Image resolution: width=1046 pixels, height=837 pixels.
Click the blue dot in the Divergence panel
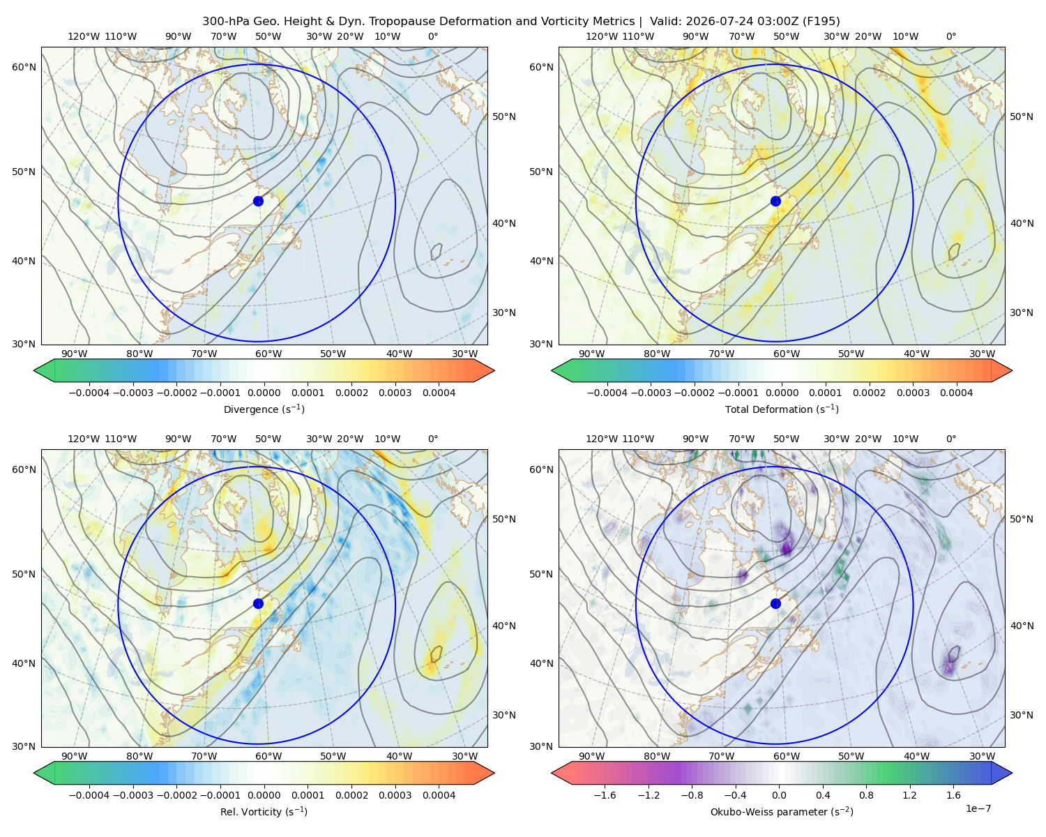258,201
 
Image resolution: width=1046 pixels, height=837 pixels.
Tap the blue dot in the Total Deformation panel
775,201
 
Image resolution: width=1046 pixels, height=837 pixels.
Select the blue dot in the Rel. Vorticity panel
258,603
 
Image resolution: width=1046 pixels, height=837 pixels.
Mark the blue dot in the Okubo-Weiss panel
775,603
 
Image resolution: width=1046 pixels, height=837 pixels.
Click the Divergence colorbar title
264,409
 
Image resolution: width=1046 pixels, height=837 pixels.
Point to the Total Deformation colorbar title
782,409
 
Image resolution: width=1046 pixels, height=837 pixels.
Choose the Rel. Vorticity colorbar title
264,811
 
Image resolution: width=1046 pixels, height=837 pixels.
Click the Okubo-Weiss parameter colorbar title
782,811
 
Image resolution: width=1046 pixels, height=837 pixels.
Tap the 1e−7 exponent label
978,808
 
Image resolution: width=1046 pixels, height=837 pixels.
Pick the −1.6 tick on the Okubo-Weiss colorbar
605,795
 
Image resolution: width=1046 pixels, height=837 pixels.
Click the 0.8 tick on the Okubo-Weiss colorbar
866,795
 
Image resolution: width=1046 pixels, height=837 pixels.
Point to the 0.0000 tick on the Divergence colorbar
264,393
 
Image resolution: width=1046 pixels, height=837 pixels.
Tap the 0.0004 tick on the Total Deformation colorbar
956,393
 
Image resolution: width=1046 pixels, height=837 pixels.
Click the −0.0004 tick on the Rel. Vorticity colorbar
89,795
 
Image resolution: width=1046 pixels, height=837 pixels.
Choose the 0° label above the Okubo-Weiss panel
951,439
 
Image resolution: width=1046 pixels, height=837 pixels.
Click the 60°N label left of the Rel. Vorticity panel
24,469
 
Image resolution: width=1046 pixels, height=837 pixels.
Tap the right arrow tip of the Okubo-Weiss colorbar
1012,773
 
